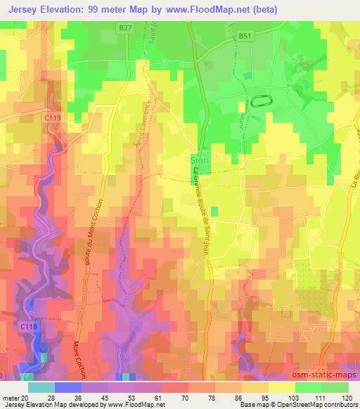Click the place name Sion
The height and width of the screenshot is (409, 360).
pyautogui.click(x=200, y=161)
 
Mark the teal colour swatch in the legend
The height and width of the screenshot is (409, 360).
pyautogui.click(x=41, y=387)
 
